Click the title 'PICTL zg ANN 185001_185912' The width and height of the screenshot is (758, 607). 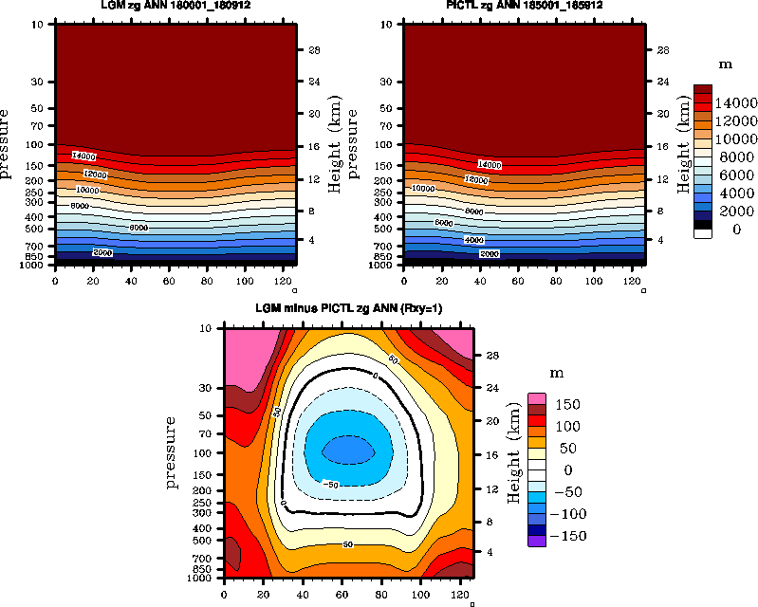525,7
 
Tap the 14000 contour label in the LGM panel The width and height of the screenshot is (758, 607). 84,156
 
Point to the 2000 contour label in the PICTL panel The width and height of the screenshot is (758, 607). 490,254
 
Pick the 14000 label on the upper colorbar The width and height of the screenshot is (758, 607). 735,102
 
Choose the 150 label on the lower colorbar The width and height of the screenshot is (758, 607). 567,405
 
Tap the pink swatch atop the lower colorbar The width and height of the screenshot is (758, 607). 537,398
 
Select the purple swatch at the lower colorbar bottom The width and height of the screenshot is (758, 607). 537,542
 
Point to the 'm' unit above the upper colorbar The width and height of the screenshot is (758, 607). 724,65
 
